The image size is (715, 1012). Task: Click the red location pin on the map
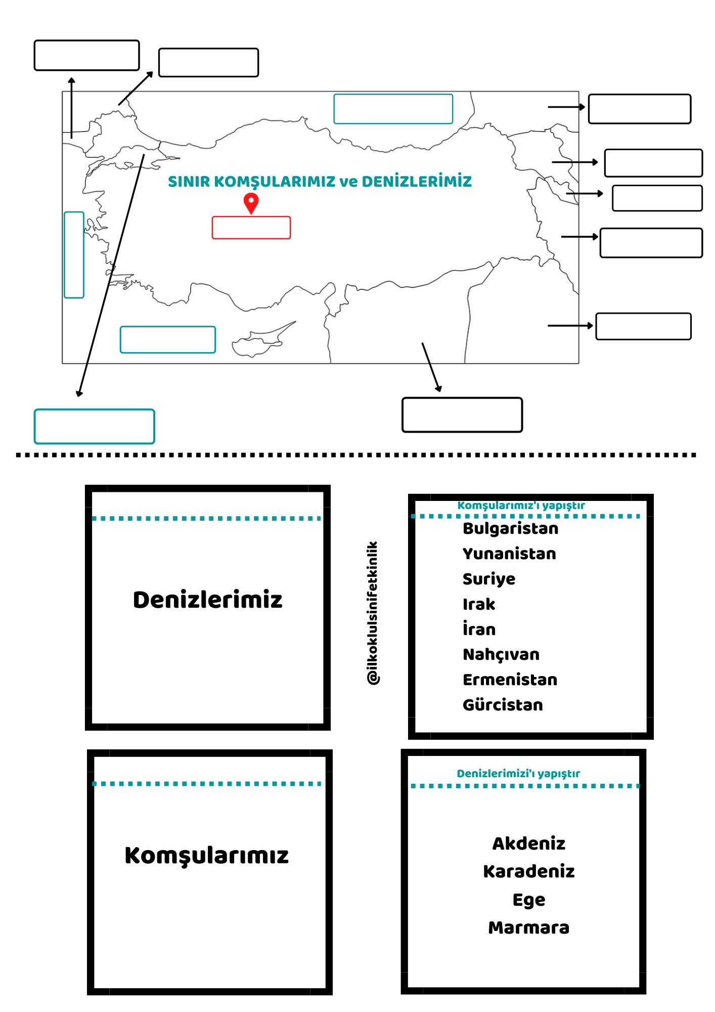tap(251, 203)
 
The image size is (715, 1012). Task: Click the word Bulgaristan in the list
tap(511, 529)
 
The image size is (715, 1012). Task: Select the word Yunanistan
tap(509, 554)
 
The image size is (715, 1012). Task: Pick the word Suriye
tap(489, 579)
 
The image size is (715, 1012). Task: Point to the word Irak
tap(479, 604)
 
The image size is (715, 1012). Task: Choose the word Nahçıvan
tap(501, 655)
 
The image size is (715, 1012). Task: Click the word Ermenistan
tap(510, 680)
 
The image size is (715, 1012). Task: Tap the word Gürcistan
tap(503, 705)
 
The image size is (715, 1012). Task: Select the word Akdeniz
tap(529, 844)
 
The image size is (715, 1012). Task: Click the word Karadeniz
tap(529, 871)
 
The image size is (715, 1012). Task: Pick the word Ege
tap(529, 900)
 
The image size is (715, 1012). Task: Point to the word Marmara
tap(529, 927)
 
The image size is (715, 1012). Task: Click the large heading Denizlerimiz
tap(207, 600)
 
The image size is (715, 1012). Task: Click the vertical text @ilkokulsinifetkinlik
tap(373, 613)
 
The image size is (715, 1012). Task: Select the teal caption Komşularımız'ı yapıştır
tap(521, 505)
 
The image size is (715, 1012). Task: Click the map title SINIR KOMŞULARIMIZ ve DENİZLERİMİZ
tap(320, 181)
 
